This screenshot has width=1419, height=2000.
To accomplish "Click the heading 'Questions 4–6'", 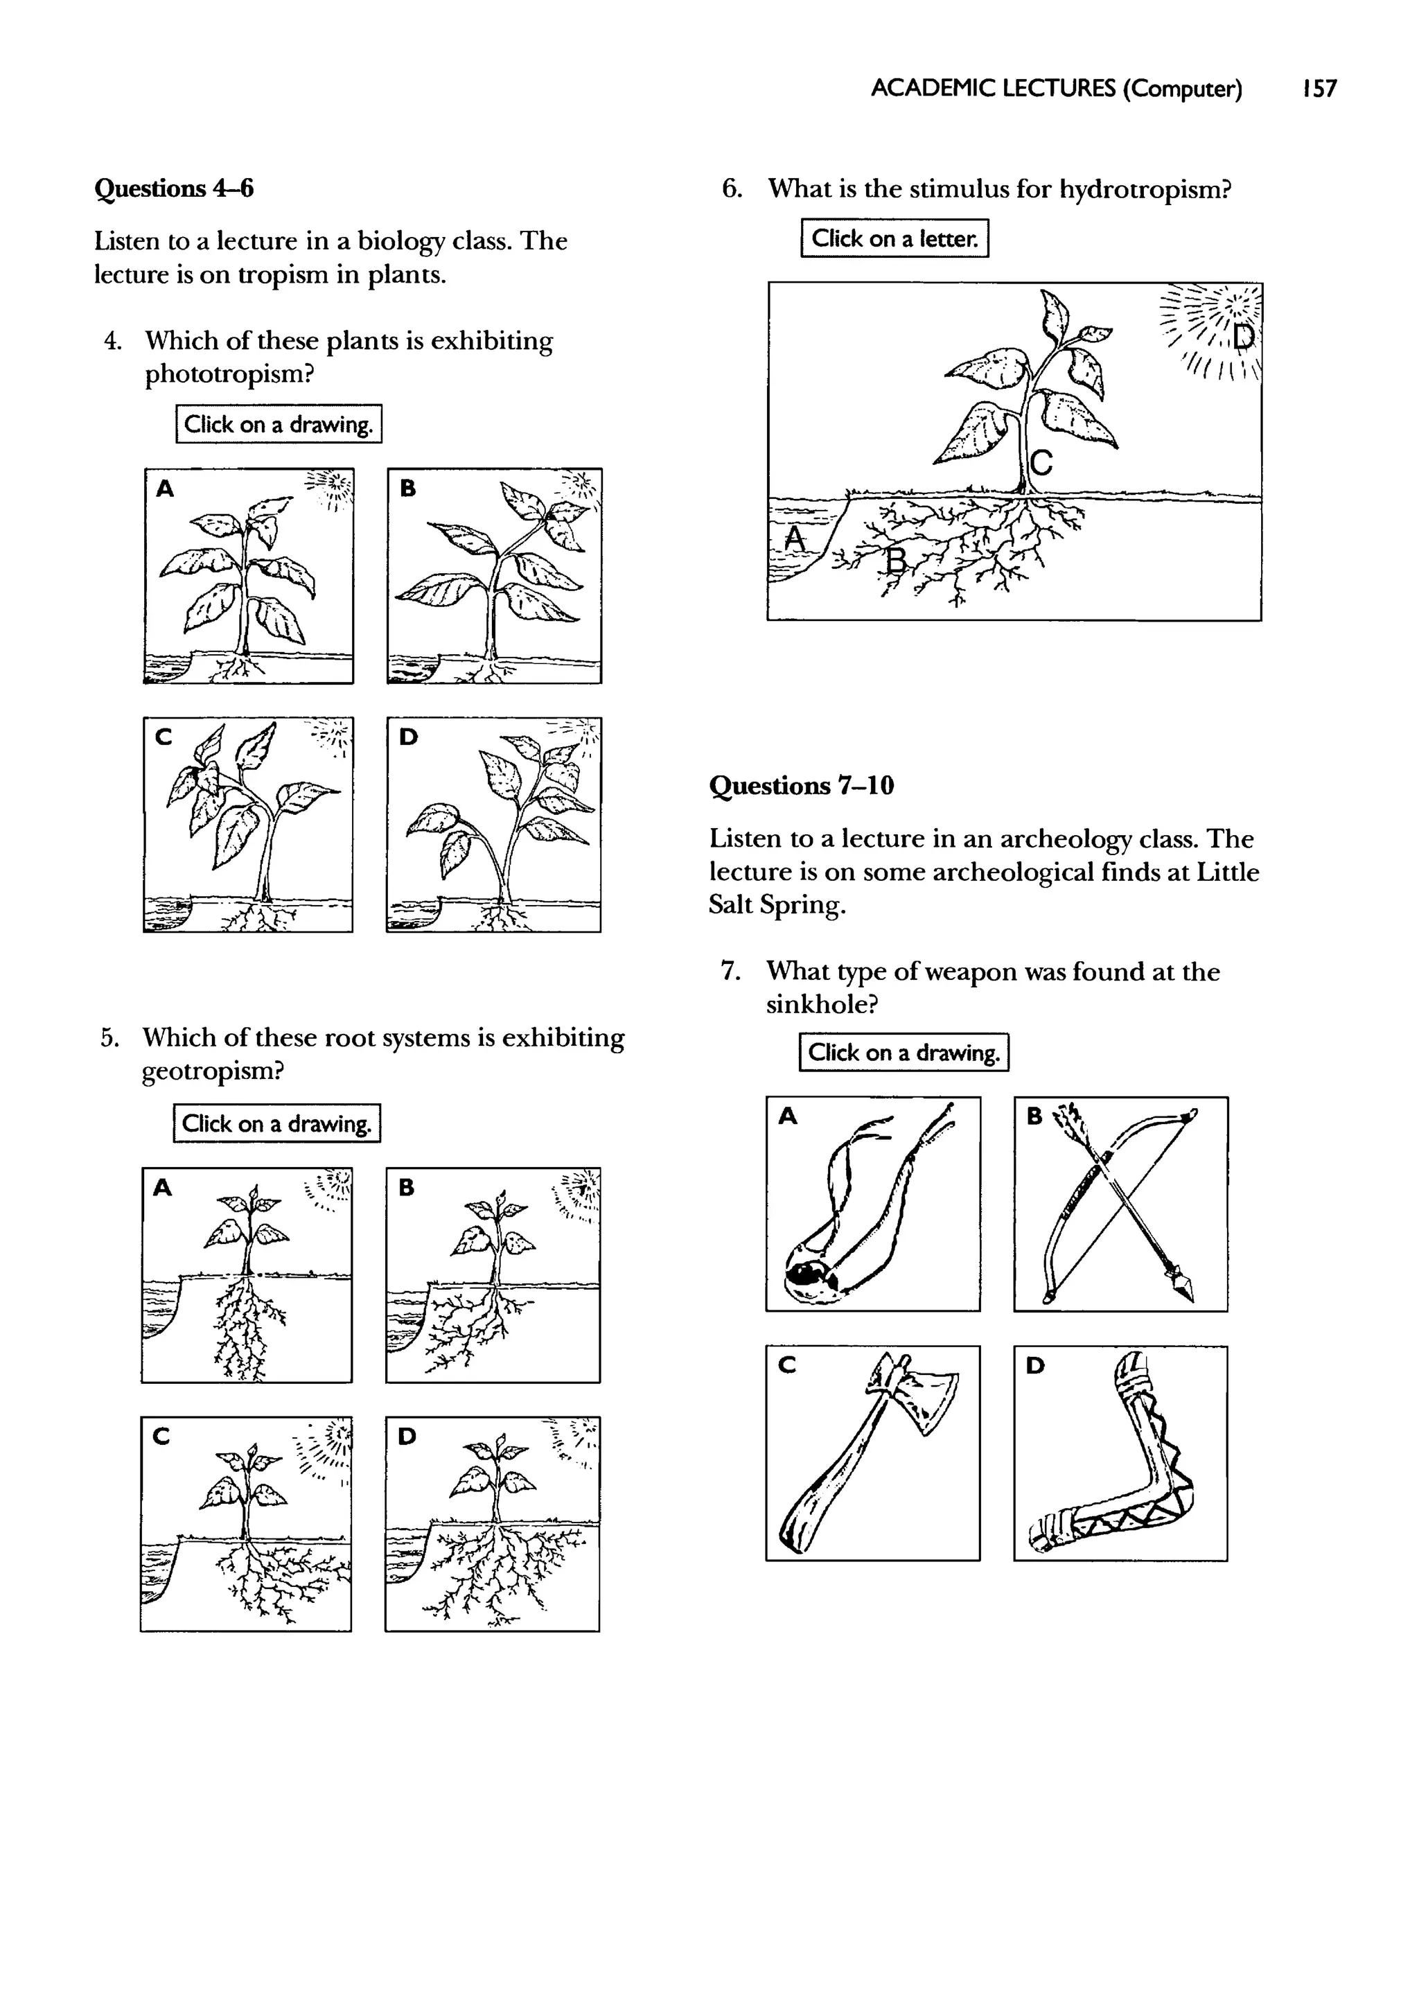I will pos(174,188).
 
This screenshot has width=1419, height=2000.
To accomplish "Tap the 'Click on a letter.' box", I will pos(894,238).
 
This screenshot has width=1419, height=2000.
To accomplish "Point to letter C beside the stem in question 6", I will pos(1041,462).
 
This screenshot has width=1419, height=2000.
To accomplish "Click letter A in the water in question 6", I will pos(794,538).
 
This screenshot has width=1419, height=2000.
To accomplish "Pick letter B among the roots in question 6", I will pos(894,560).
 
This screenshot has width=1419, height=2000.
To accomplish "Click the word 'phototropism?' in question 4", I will pos(229,374).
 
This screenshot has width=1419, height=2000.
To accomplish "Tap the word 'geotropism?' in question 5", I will pos(213,1070).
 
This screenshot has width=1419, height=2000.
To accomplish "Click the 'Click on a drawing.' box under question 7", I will pos(904,1052).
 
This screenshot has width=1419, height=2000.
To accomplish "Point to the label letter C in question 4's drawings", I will pos(164,737).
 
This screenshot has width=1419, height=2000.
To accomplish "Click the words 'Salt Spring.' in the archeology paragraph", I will pos(777,905).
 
